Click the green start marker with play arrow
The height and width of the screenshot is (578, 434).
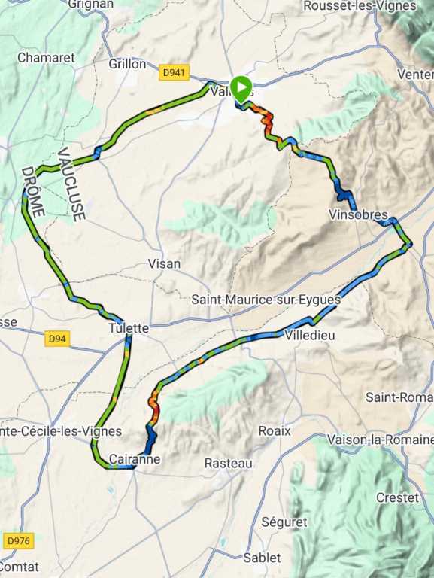click(x=241, y=88)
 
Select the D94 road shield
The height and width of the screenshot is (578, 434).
click(x=57, y=339)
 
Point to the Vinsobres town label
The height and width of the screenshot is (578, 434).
click(x=358, y=214)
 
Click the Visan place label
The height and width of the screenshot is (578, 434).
click(x=164, y=263)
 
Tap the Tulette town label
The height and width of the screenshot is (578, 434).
click(x=129, y=328)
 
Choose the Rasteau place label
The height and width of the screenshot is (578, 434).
click(x=229, y=464)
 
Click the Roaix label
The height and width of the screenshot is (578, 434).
click(x=275, y=430)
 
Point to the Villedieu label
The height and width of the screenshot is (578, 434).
click(x=310, y=336)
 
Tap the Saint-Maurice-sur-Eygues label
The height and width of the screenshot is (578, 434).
click(x=266, y=299)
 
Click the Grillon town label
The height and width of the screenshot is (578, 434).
click(x=127, y=64)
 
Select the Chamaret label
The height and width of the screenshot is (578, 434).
click(x=46, y=57)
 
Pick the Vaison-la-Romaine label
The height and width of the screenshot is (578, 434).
click(x=380, y=439)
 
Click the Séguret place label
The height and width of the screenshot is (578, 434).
click(x=284, y=522)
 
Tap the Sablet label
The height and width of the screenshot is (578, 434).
click(x=262, y=558)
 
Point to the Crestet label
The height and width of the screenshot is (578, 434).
click(x=396, y=497)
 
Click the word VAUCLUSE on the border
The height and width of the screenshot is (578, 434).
click(x=72, y=184)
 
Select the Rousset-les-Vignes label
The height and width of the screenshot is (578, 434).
click(x=359, y=6)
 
